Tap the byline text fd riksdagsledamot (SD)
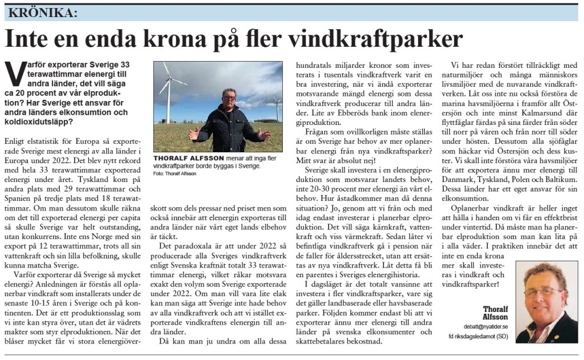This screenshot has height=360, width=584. [x=479, y=337]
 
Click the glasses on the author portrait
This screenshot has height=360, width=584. [x=542, y=292]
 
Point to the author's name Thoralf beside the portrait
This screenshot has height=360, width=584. [x=495, y=309]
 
